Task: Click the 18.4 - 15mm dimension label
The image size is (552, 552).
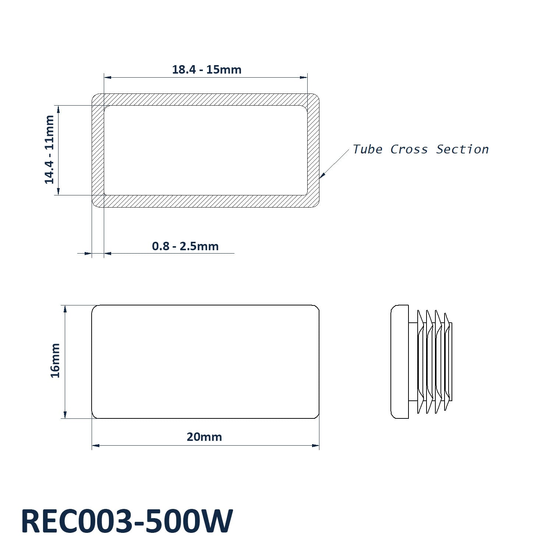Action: click(207, 70)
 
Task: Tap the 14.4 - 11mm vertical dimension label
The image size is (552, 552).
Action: click(49, 149)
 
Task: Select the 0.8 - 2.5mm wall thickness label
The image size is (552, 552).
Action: click(185, 246)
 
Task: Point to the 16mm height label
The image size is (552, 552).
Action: click(55, 360)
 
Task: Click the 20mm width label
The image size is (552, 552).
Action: click(204, 437)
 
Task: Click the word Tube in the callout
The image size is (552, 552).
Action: click(367, 149)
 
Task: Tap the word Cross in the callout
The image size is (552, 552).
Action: click(409, 149)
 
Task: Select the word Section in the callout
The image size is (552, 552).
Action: click(462, 149)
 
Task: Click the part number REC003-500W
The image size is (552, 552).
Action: click(127, 521)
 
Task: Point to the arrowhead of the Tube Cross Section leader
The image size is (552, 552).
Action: click(322, 176)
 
